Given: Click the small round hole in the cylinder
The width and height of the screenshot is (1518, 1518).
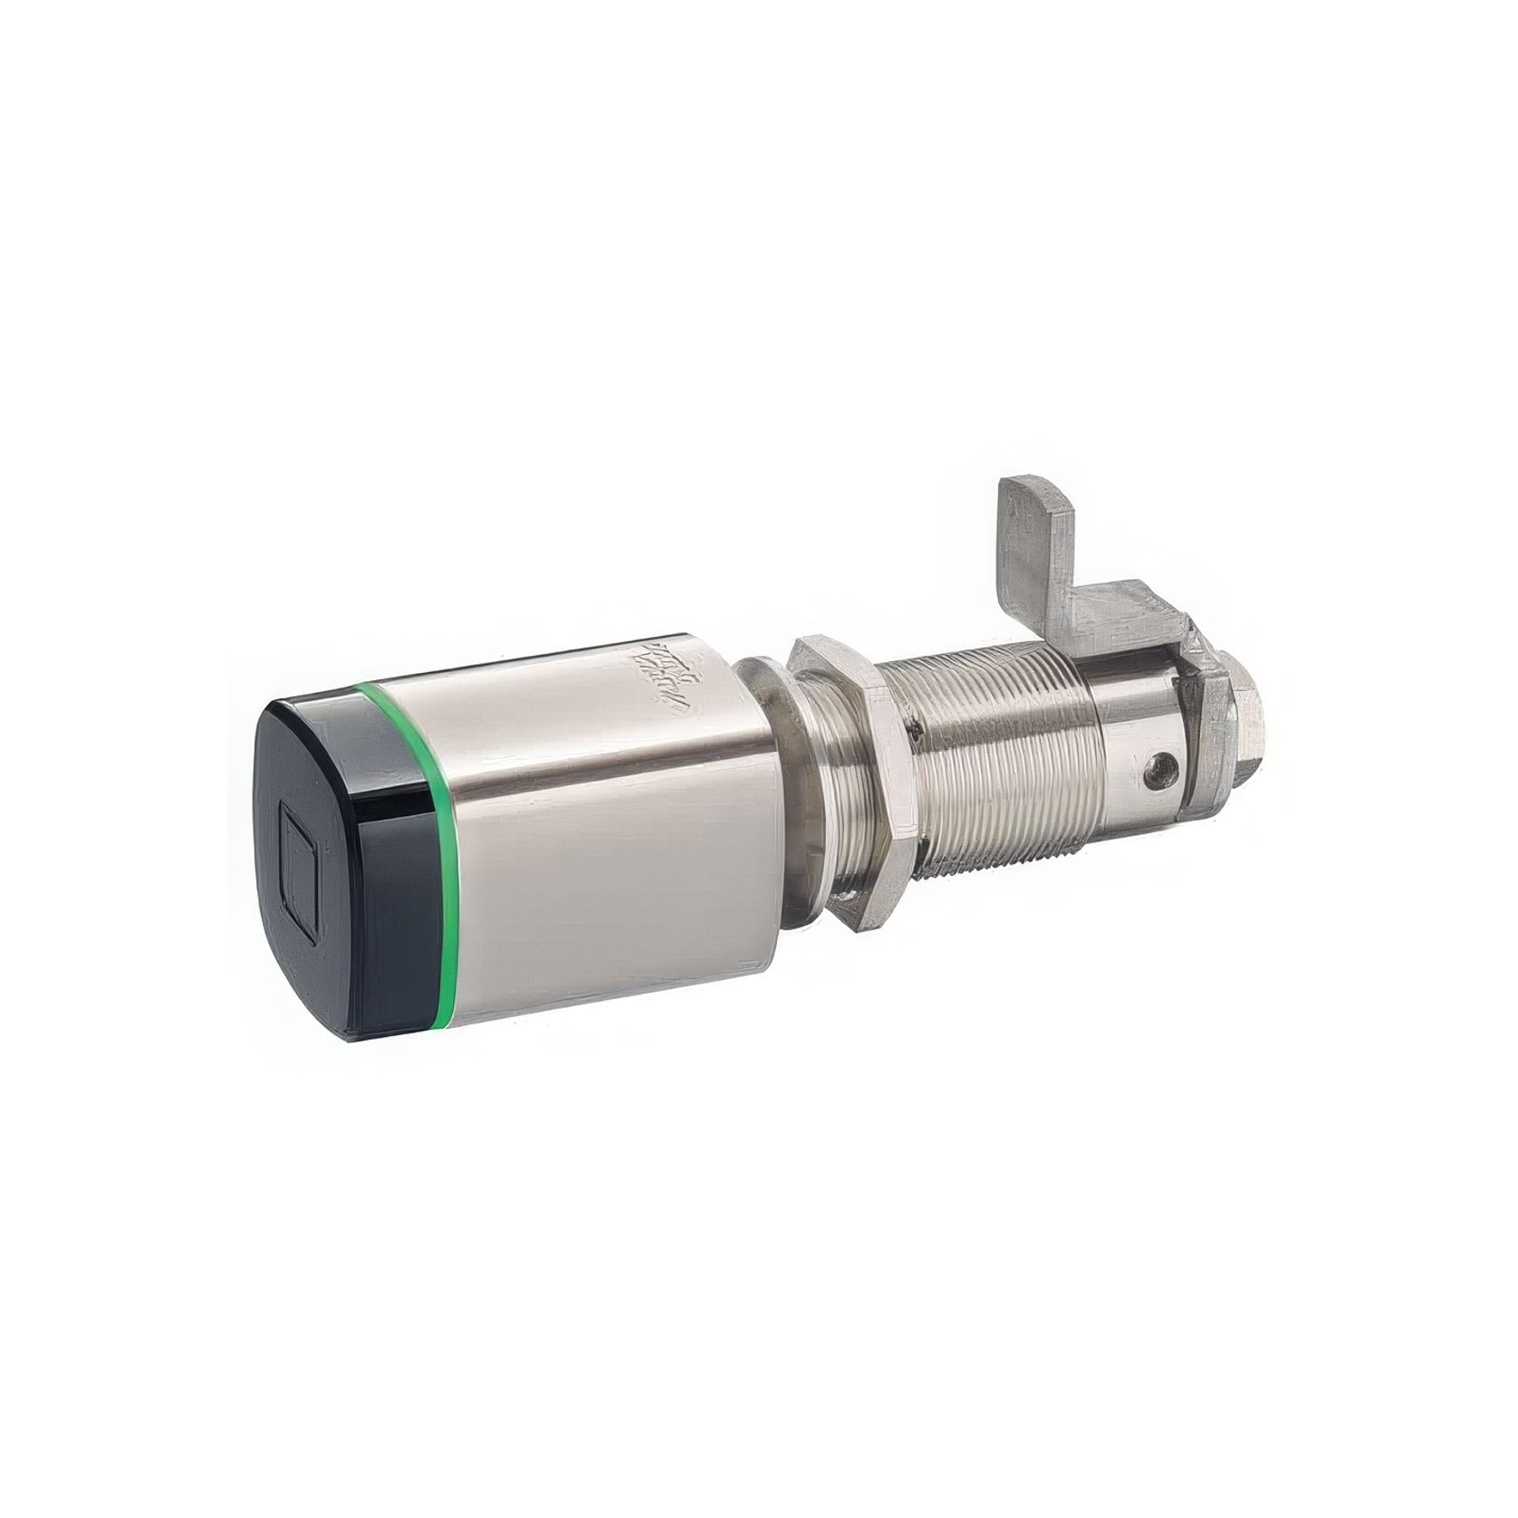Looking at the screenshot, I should (1160, 771).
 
